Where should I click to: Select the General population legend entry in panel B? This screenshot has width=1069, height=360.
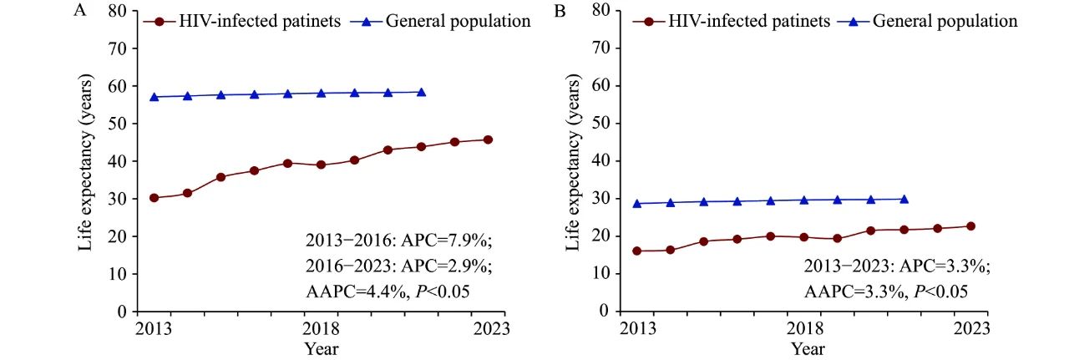[x=944, y=22]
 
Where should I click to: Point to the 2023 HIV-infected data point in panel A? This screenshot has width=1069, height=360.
[x=488, y=139]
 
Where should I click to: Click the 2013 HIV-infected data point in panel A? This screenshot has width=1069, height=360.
[x=154, y=198]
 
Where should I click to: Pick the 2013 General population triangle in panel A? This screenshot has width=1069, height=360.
[x=154, y=97]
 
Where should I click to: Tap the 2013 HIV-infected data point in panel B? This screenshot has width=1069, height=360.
[x=637, y=251]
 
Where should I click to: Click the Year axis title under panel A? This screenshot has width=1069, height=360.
[x=321, y=347]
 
